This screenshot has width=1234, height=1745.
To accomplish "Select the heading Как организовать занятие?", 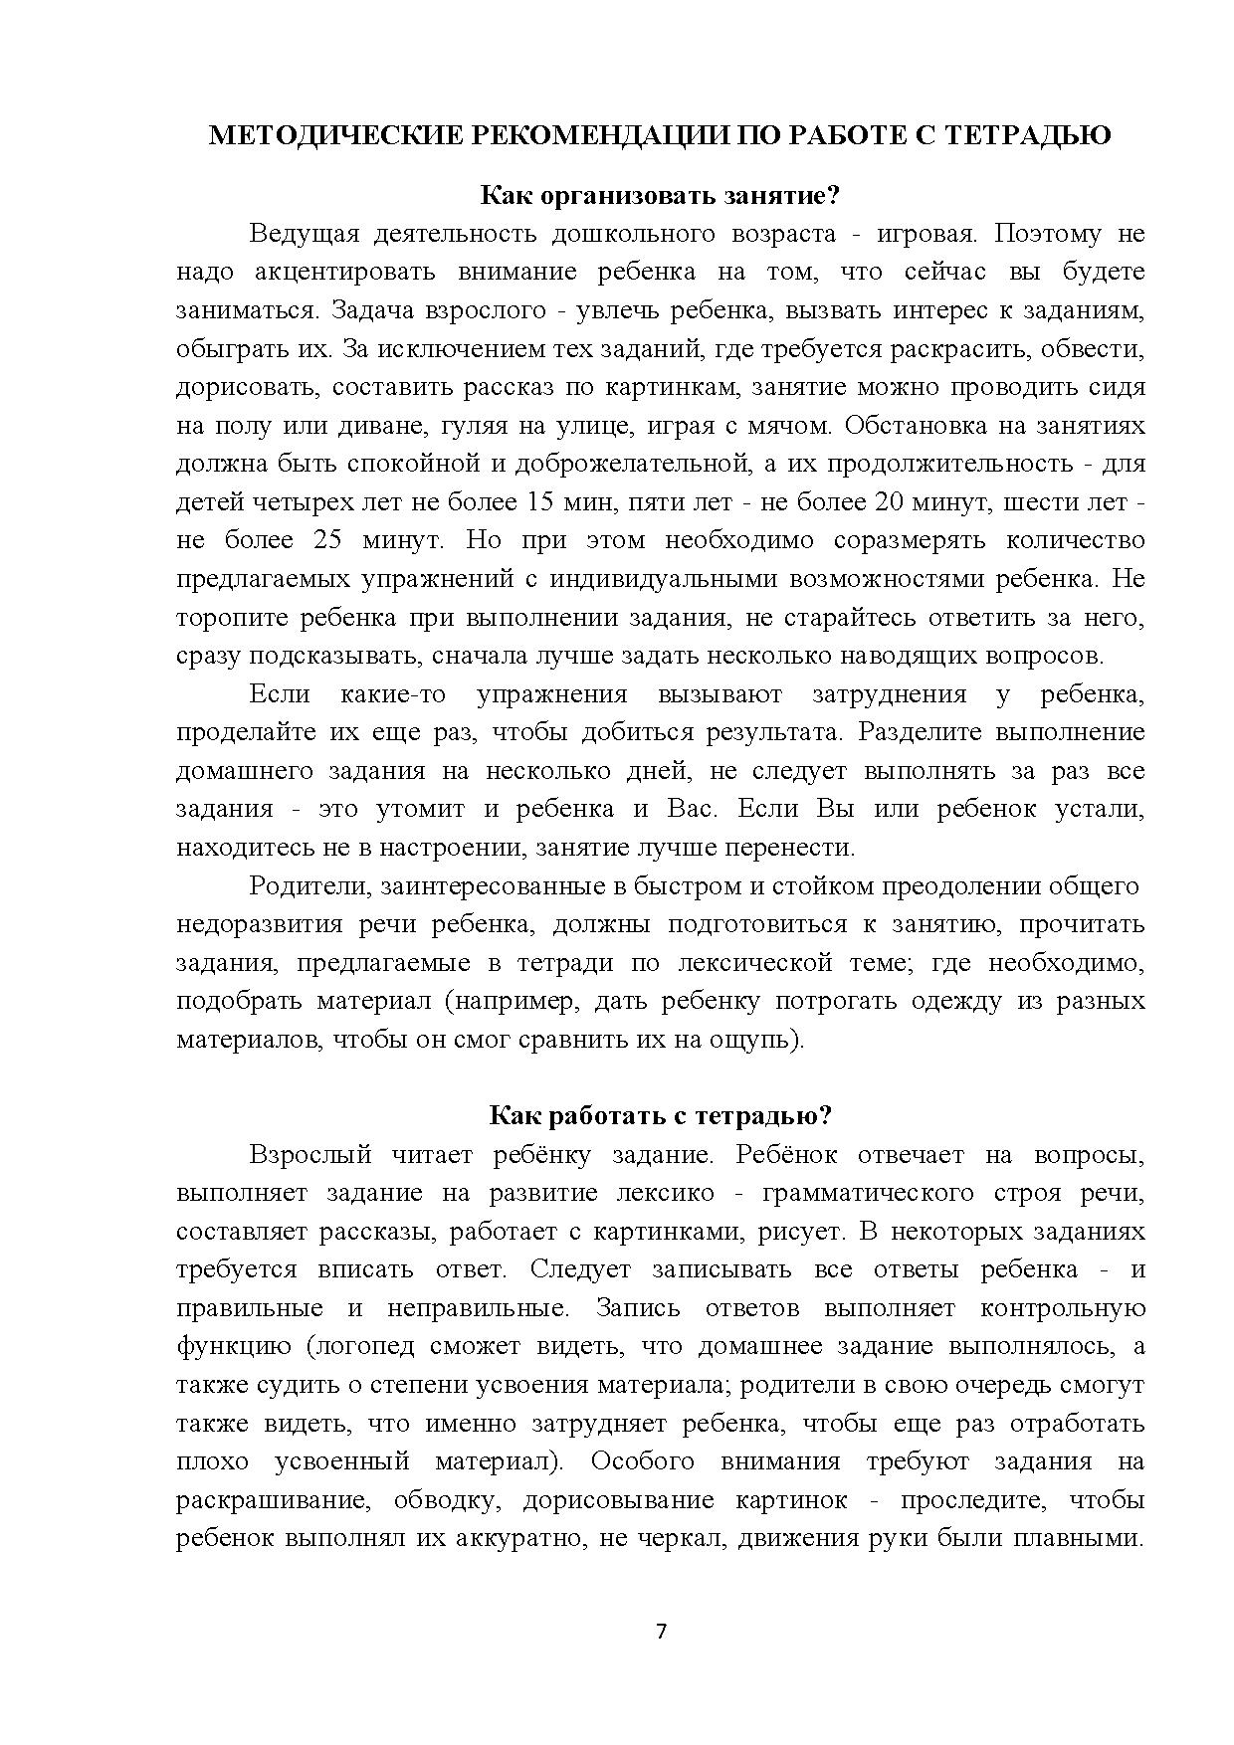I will [x=660, y=195].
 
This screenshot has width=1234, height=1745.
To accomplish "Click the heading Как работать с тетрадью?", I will [x=660, y=1115].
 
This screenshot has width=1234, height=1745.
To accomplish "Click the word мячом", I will [x=789, y=426].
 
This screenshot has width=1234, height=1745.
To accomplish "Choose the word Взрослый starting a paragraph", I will [x=310, y=1154].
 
